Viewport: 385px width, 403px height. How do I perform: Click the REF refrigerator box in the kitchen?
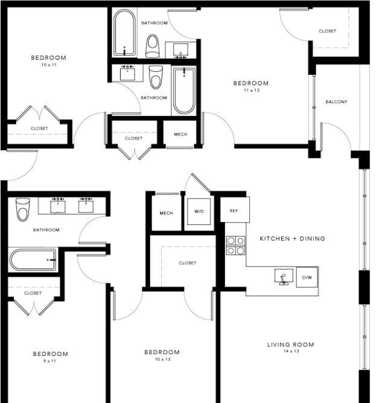coord(235,210)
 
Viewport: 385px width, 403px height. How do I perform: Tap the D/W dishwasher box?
coord(307,278)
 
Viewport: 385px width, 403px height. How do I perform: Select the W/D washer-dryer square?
coord(199,212)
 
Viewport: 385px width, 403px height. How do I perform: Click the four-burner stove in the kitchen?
coord(236,245)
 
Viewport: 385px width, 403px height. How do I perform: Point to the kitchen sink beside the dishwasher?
coord(284,277)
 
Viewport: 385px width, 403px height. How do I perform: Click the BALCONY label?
coord(336,102)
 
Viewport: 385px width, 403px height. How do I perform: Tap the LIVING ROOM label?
coord(291,344)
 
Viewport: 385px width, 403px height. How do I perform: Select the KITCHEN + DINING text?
coord(292,238)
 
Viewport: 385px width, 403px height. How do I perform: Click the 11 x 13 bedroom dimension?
coord(252,90)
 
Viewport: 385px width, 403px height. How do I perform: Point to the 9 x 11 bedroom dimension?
coord(49,361)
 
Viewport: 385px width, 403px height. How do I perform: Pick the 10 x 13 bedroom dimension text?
coord(163,360)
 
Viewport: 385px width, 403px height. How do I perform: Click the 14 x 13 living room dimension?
coord(291,351)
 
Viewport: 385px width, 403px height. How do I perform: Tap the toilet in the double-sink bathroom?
coord(22,209)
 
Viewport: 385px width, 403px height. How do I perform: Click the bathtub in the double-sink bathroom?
coord(33,259)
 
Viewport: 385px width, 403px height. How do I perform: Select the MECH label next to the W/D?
coord(167,213)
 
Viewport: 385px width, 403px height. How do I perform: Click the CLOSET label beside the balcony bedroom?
coord(327,31)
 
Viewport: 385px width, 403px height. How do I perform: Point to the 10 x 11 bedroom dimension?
coord(49,65)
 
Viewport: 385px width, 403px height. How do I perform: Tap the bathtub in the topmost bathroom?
coord(124,33)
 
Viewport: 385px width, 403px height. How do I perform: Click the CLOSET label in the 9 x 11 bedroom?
coord(33,293)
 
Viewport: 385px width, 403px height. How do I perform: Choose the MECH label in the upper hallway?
coord(180,134)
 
